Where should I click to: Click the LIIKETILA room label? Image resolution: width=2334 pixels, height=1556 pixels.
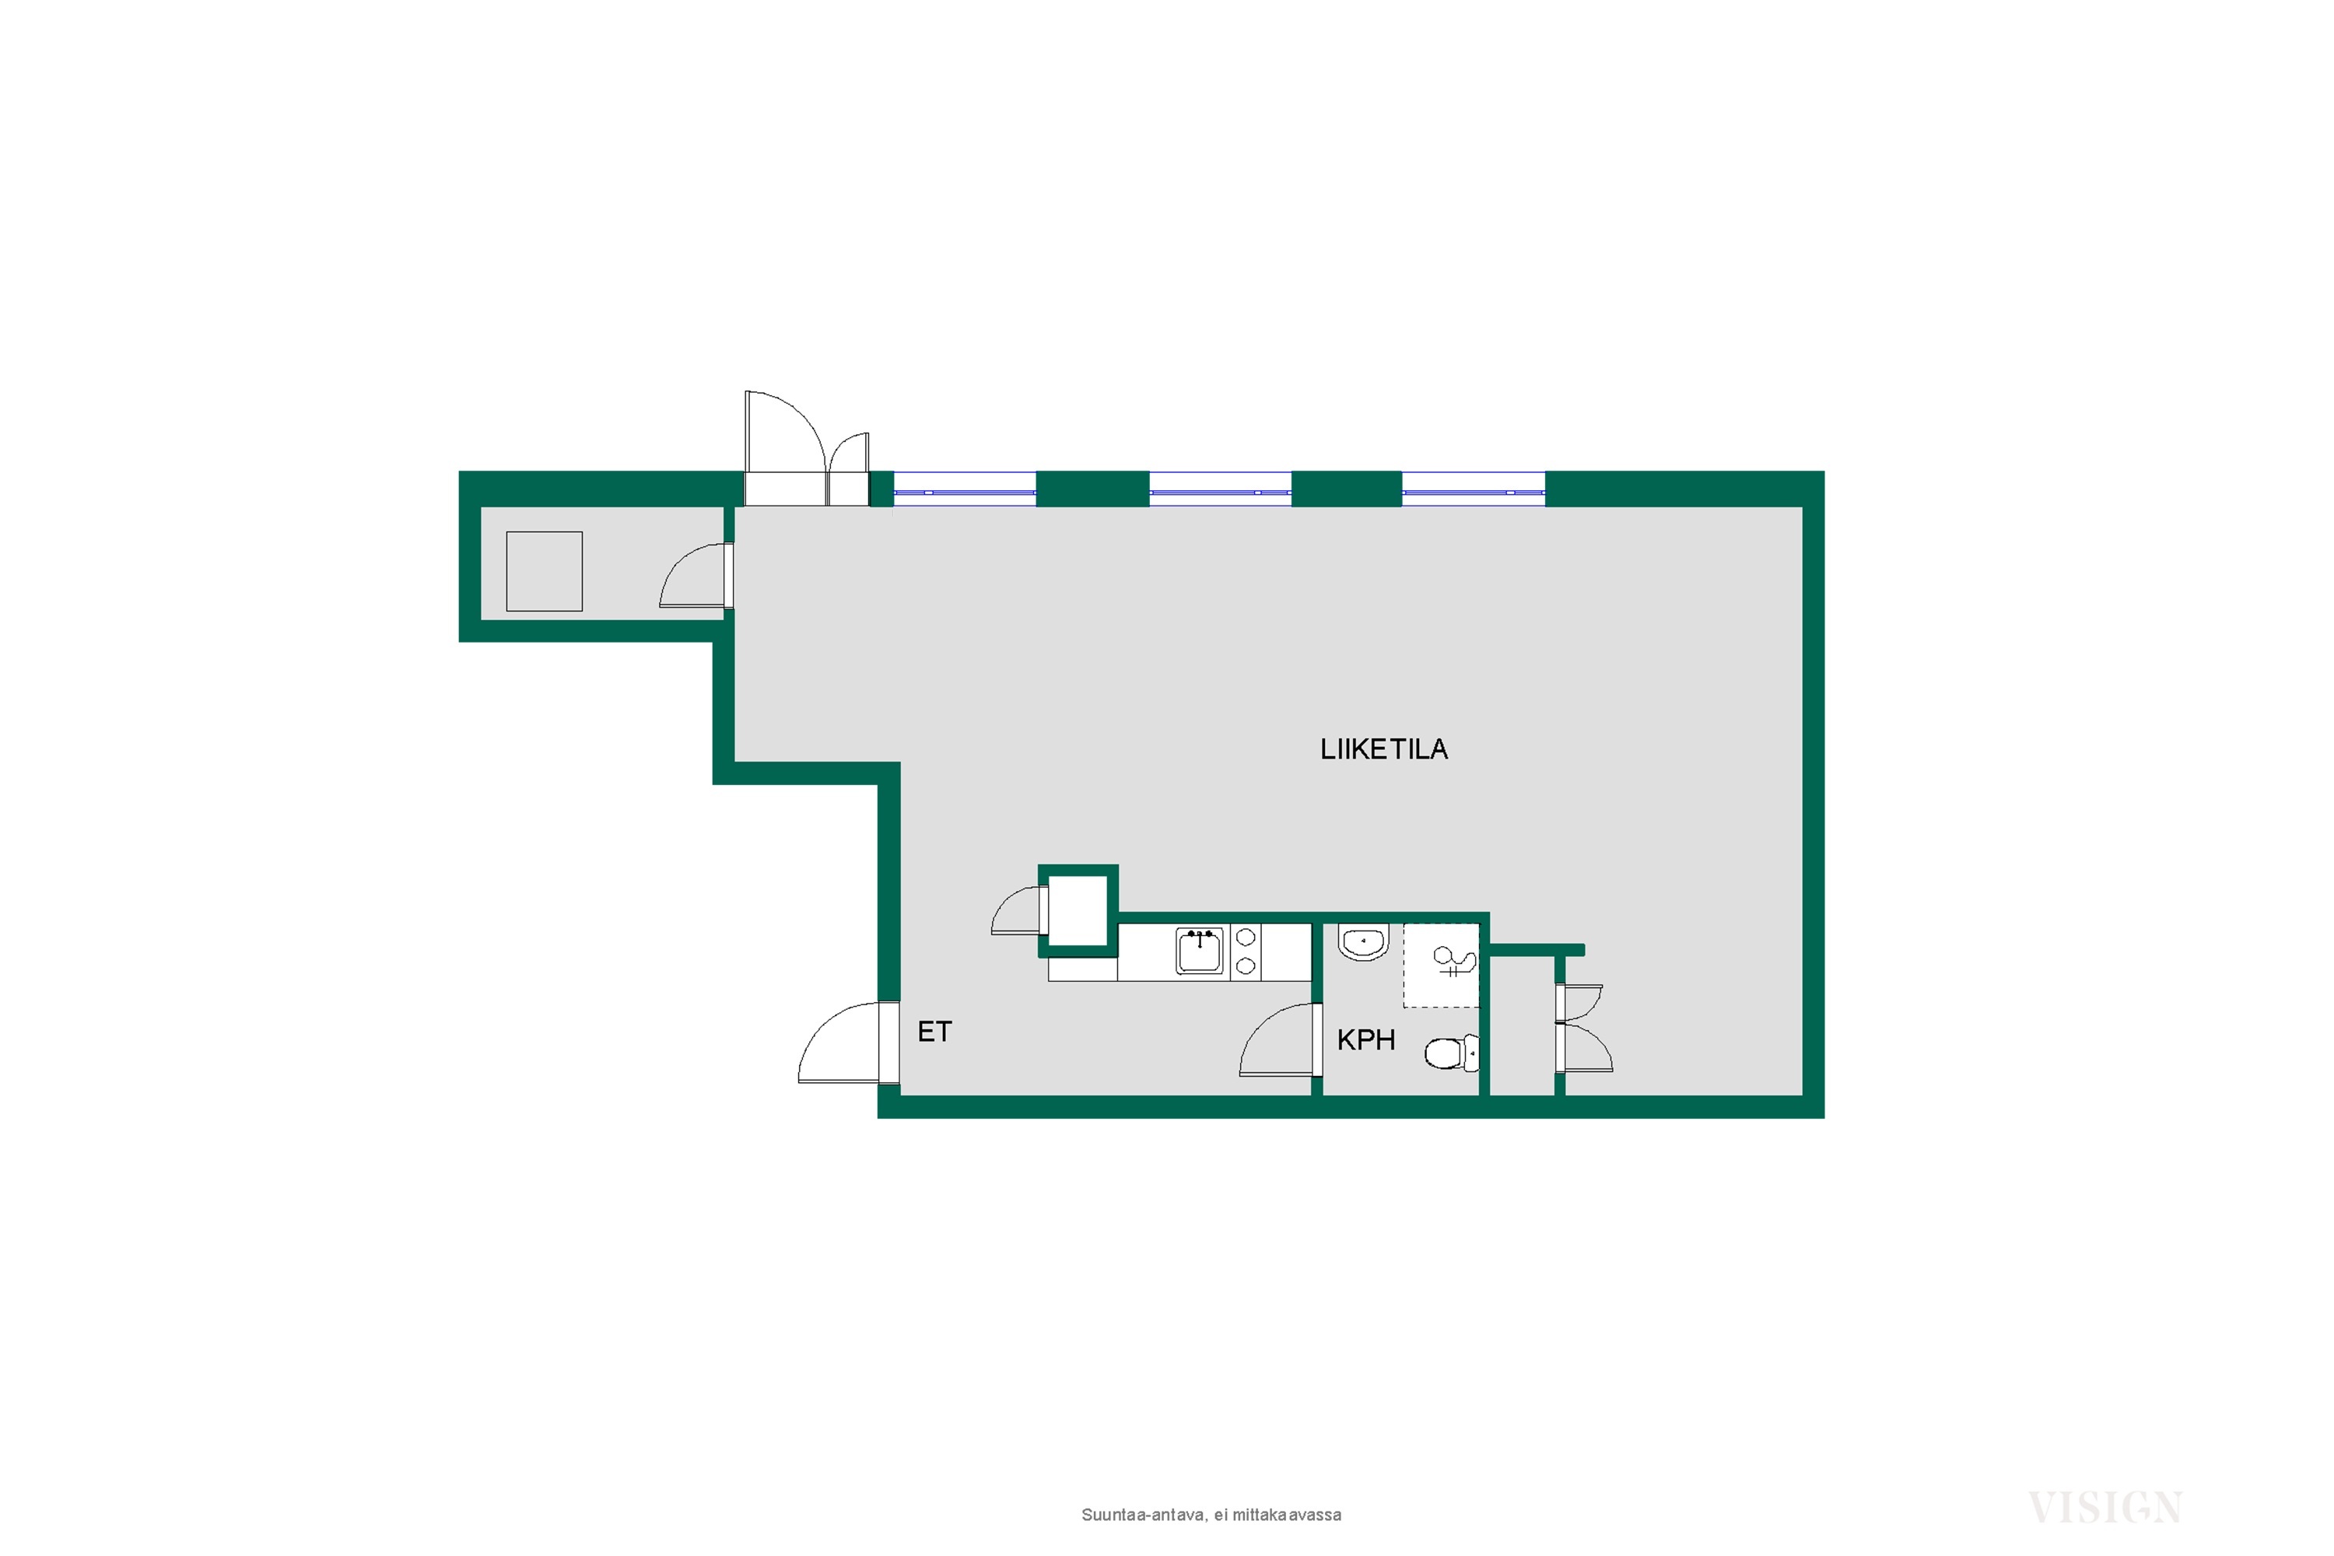click(x=1383, y=749)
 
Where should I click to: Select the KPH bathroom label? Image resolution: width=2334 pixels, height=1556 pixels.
click(x=1365, y=1040)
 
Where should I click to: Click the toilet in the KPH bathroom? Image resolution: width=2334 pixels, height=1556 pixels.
click(x=1451, y=1053)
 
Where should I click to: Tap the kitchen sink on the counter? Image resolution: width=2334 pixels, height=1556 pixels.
click(x=1200, y=951)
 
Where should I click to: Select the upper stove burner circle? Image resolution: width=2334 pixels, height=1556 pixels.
click(x=1246, y=937)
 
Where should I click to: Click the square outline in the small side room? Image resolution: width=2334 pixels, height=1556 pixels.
click(x=544, y=572)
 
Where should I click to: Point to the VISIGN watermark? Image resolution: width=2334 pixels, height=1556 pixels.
click(x=2104, y=1509)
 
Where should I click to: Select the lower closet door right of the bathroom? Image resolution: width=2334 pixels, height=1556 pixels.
click(x=1585, y=1048)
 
